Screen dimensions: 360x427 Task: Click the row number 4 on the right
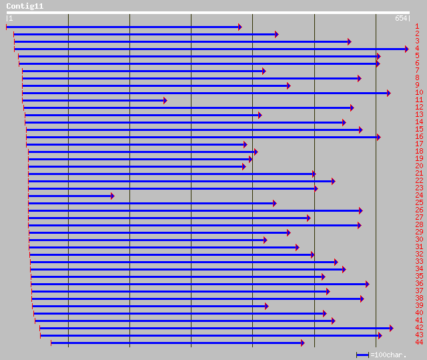pos(417,49)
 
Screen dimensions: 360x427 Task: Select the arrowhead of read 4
pos(406,49)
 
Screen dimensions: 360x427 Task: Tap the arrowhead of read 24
pos(112,196)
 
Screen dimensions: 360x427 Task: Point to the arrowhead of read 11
pos(165,100)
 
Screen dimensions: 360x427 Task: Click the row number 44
pos(419,343)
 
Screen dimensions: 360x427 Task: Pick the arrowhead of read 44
pos(302,343)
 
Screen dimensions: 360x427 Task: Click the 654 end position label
pos(400,19)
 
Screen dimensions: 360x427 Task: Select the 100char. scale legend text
pos(390,355)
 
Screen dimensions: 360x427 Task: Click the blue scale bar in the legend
pos(362,355)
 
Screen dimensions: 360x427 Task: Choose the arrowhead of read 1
pos(240,27)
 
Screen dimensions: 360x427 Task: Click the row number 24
pos(419,196)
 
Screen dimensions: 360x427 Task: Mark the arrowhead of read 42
pos(391,328)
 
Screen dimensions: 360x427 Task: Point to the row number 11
pos(419,100)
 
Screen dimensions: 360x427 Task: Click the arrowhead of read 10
pos(388,93)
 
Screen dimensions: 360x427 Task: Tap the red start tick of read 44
pos(51,343)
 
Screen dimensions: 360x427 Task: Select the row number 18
pos(419,152)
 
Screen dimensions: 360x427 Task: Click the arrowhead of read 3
pos(349,41)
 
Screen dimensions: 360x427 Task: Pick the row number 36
pos(419,284)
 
